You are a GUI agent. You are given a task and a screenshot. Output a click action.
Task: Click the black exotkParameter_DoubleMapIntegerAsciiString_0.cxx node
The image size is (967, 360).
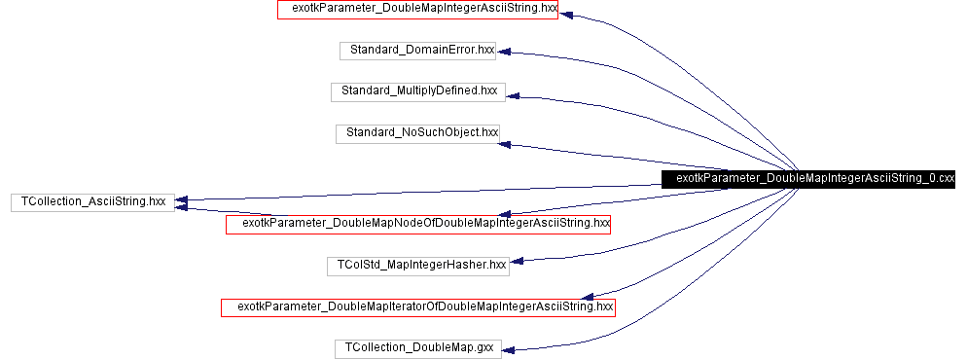click(x=808, y=179)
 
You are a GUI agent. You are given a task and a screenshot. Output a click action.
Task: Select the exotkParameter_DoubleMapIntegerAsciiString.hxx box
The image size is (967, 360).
click(x=417, y=10)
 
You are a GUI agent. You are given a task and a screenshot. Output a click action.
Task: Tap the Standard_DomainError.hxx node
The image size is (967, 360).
click(x=417, y=50)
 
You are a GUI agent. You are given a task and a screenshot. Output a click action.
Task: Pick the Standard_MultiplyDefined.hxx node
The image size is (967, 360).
click(x=418, y=90)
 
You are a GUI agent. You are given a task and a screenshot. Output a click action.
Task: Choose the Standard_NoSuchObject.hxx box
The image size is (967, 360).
click(x=417, y=131)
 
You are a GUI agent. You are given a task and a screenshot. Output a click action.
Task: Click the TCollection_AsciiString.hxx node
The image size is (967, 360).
click(x=92, y=202)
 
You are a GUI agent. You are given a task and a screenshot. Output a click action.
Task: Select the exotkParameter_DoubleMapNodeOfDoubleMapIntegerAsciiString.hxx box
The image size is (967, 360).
click(x=418, y=224)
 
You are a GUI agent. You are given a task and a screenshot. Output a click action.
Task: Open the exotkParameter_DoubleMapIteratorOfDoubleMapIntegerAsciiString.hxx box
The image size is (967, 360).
click(x=418, y=307)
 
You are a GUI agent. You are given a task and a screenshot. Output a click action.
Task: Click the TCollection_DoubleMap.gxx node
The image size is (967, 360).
click(x=418, y=347)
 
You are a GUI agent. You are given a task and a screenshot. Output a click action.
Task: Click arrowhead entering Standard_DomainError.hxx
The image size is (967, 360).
click(x=505, y=53)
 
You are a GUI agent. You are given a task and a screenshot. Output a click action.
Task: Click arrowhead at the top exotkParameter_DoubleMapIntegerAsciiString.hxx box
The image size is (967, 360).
click(x=566, y=15)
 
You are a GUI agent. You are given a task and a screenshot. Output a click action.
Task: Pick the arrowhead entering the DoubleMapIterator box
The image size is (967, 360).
click(x=587, y=296)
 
